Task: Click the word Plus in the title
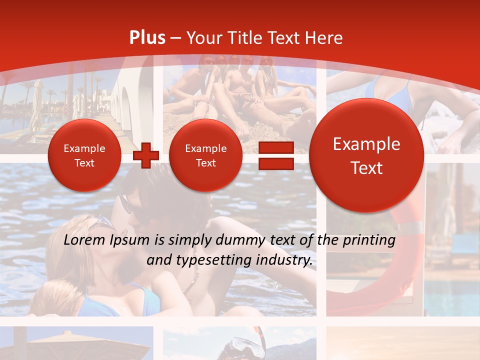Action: pyautogui.click(x=147, y=38)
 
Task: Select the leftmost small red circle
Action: pyautogui.click(x=84, y=155)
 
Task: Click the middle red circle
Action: pyautogui.click(x=205, y=155)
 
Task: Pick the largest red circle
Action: pyautogui.click(x=366, y=155)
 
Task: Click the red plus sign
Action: pyautogui.click(x=145, y=155)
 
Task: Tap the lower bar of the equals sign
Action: pyautogui.click(x=276, y=164)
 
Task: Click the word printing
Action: pyautogui.click(x=369, y=240)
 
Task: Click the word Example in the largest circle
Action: pyautogui.click(x=366, y=144)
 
